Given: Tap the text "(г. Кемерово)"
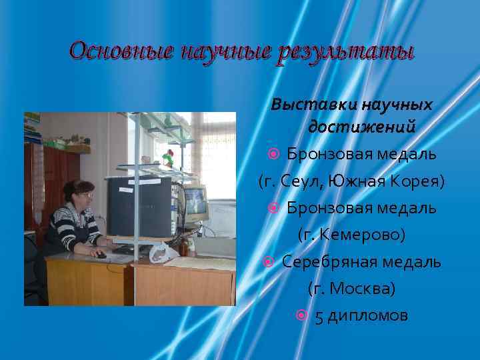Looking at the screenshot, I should (351, 235).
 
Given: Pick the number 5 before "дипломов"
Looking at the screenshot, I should (319, 316).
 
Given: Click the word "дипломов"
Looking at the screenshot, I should (367, 316).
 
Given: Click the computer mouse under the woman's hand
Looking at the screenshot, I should (100, 254).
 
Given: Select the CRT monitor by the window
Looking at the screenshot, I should (194, 203).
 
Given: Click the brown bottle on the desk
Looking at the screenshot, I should (183, 247).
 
